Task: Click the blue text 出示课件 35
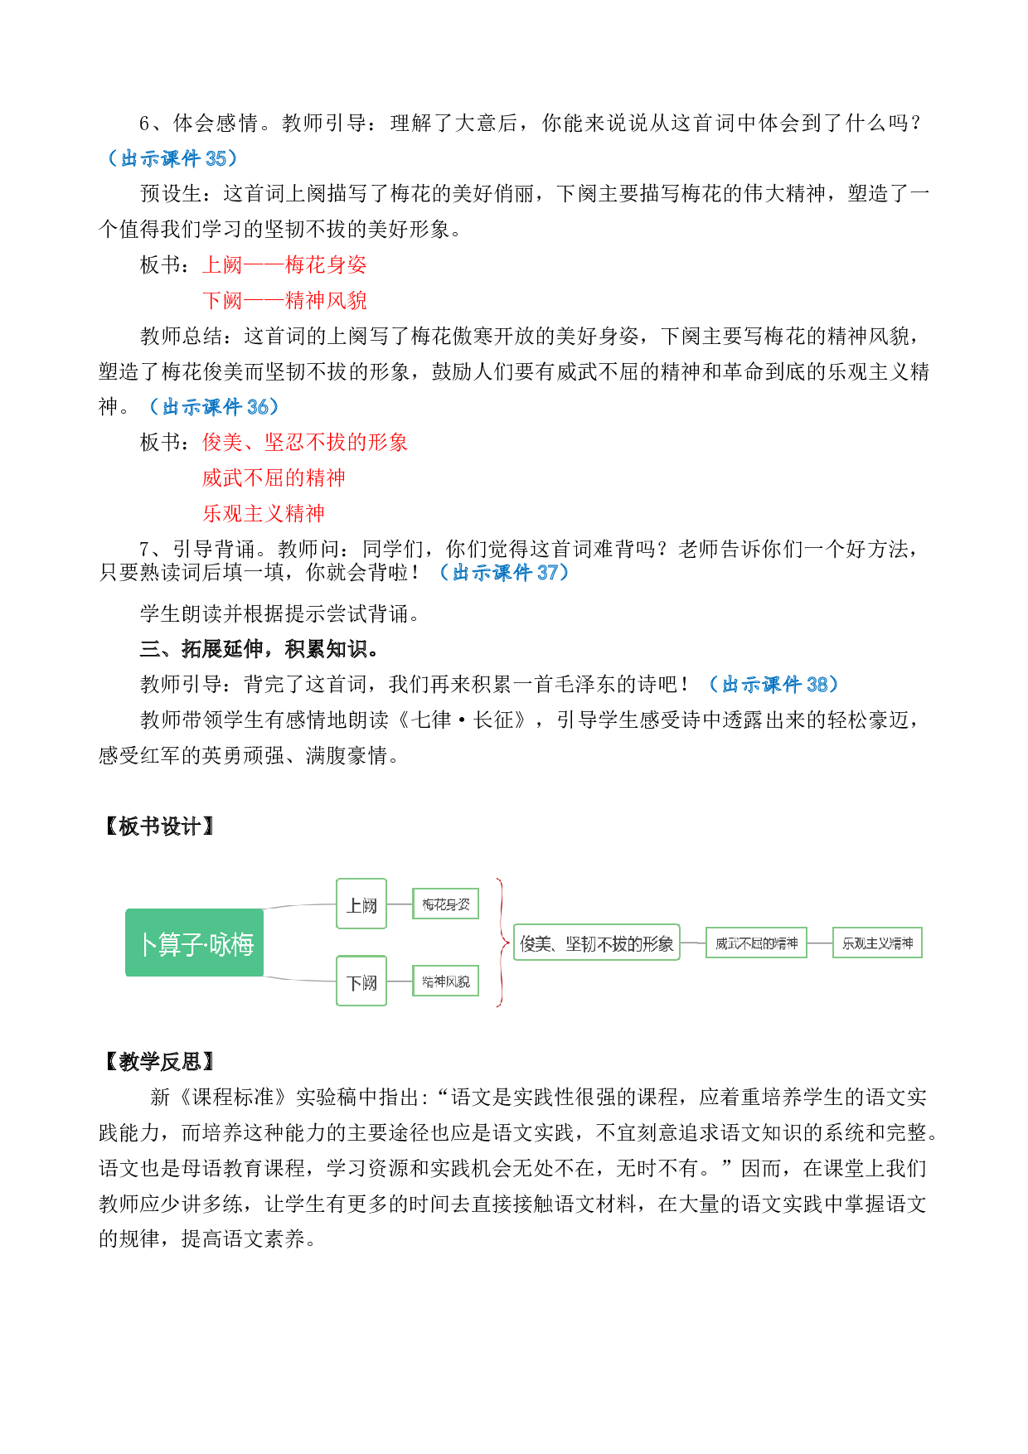pos(172,158)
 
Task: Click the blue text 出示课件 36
pos(214,407)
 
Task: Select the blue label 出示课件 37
pos(504,573)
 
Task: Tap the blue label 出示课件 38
pos(773,685)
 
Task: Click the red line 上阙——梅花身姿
pos(284,265)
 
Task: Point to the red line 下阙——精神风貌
pos(284,301)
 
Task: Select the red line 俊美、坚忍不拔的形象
pos(305,443)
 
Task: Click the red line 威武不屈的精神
pos(274,478)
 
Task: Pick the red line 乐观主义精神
pos(264,514)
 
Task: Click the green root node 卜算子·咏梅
pos(195,943)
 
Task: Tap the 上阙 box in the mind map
pos(361,904)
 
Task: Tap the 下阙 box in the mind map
pos(361,981)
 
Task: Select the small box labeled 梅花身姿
pos(446,904)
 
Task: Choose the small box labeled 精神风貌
pos(446,981)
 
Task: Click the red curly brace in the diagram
pos(502,943)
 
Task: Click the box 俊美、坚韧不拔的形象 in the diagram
pos(597,943)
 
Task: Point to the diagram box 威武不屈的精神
pos(756,943)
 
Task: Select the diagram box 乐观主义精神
pos(877,943)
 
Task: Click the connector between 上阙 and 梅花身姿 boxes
pos(400,904)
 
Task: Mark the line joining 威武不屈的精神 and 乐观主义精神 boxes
pos(819,943)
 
